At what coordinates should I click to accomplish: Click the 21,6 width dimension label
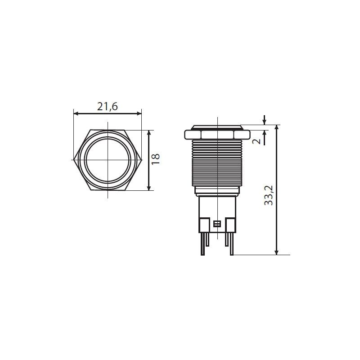[x=107, y=107]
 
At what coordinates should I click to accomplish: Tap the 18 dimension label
[x=155, y=159]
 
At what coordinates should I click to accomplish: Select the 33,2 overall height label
[x=268, y=195]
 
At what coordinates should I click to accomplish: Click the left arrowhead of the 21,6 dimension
[x=76, y=113]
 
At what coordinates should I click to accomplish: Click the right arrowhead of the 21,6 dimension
[x=139, y=113]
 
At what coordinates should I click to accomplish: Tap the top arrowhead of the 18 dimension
[x=149, y=133]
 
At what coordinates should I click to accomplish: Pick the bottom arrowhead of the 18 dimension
[x=149, y=188]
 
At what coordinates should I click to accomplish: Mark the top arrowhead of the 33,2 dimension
[x=277, y=128]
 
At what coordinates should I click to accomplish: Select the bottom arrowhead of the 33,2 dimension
[x=277, y=252]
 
